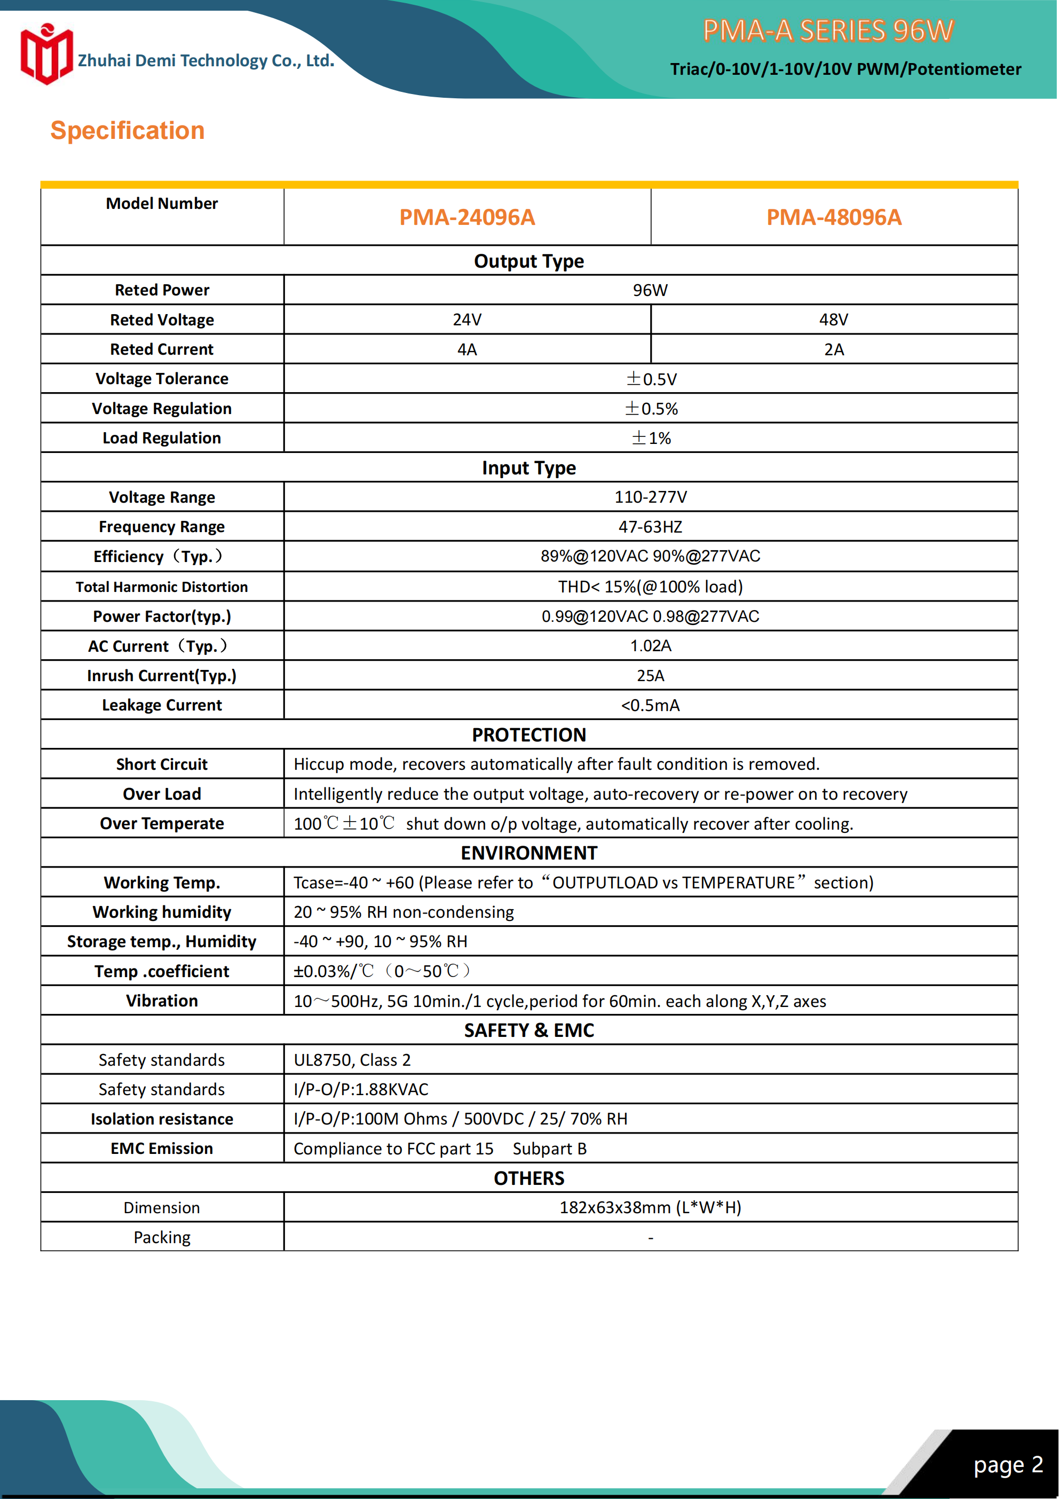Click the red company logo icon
click(x=46, y=55)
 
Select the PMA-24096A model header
click(x=467, y=217)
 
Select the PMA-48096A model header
click(x=833, y=217)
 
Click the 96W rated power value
click(x=650, y=290)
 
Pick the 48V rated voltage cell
click(x=833, y=319)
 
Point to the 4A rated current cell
click(x=467, y=349)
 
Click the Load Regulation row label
click(x=162, y=438)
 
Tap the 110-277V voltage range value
click(x=650, y=497)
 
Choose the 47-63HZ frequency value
click(x=650, y=527)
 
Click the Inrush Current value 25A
click(x=650, y=676)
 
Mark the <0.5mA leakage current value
click(x=650, y=705)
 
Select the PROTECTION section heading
click(x=528, y=735)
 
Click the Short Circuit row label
click(x=162, y=764)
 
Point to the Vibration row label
click(x=162, y=1001)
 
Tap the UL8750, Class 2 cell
click(x=352, y=1060)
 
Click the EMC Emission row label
click(x=162, y=1149)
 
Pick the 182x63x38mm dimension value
click(x=650, y=1208)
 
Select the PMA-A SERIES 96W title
click(x=827, y=30)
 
